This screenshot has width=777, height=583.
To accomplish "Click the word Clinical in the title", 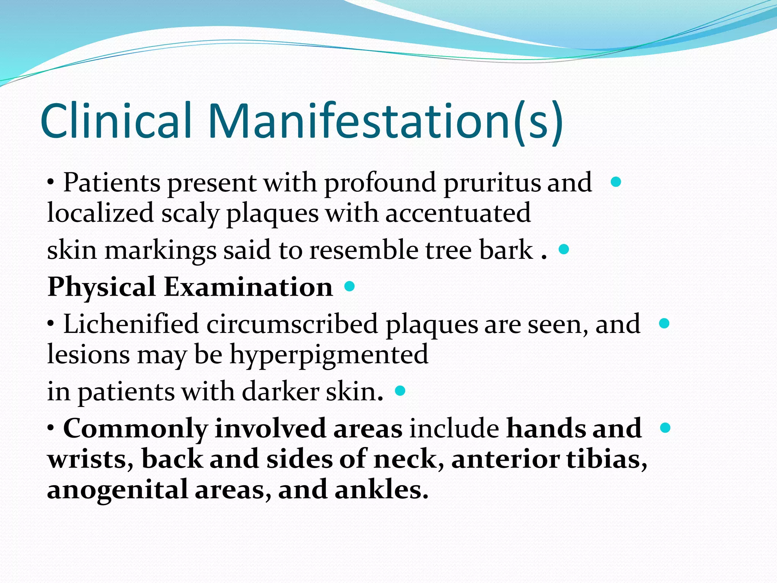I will [x=116, y=120].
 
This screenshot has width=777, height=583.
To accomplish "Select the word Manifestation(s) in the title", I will [x=385, y=120].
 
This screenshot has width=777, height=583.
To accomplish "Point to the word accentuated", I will [x=458, y=213].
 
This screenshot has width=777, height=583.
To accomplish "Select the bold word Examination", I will [x=249, y=287].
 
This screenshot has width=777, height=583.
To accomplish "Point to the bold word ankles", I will [x=381, y=490].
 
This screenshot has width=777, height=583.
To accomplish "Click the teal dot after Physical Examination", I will [x=349, y=286].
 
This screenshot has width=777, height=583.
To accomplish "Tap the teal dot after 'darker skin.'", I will [x=400, y=391].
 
